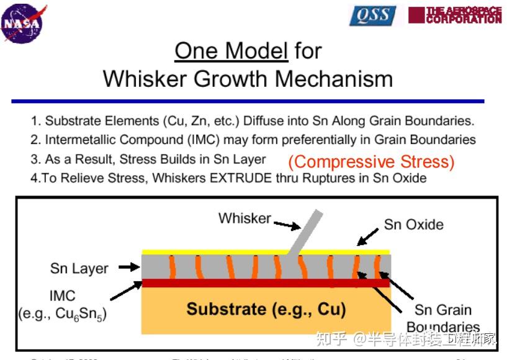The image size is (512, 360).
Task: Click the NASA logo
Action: coord(24,24)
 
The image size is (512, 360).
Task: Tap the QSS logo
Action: coord(372,16)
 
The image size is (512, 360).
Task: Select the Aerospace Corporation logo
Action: coord(455,15)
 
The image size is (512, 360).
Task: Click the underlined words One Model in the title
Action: coord(231,50)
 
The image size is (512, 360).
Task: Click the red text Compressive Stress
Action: coord(371,162)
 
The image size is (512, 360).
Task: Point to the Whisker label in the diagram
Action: coord(245,218)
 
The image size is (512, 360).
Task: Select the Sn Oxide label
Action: coord(413,224)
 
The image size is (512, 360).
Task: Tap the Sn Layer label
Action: coord(79,269)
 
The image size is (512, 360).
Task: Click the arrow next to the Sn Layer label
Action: coord(129,268)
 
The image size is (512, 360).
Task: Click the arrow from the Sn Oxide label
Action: coord(367,236)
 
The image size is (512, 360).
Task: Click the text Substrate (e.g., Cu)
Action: coord(266,308)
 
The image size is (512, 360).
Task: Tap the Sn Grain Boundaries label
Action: coord(443,318)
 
